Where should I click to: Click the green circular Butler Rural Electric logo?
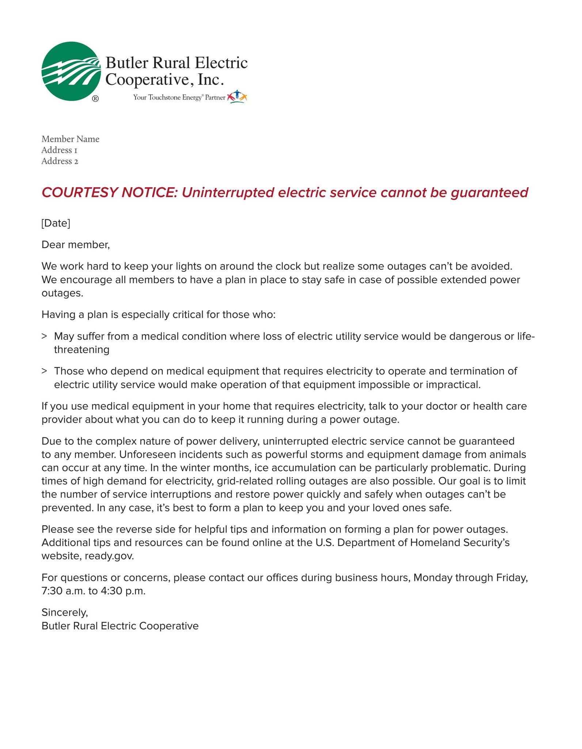point(71,71)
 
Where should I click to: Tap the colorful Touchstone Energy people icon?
point(237,97)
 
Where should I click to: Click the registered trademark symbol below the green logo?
point(95,98)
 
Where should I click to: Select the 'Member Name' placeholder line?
point(71,139)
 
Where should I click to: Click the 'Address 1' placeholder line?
point(59,150)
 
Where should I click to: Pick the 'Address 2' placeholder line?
point(60,161)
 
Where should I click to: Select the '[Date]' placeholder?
point(56,223)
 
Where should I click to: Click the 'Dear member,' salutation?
point(76,244)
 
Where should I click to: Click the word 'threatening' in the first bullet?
point(82,350)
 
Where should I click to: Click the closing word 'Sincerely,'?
point(65,612)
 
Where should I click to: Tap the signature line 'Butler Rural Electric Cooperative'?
point(120,626)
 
